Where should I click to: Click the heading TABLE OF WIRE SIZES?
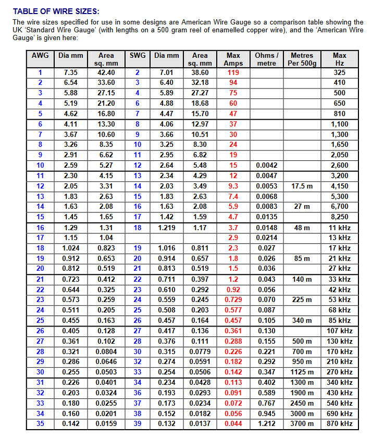click(x=56, y=11)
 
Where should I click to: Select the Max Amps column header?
click(x=233, y=59)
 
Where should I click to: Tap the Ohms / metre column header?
click(x=267, y=59)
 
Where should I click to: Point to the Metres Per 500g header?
click(x=302, y=59)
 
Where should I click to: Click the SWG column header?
click(x=138, y=55)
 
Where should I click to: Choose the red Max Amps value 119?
click(x=233, y=73)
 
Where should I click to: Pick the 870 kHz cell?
click(x=340, y=424)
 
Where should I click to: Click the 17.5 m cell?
click(x=302, y=186)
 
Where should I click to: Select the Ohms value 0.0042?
click(x=267, y=166)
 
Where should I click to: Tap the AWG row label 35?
click(x=40, y=424)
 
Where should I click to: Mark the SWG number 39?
click(x=138, y=424)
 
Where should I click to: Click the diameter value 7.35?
click(x=71, y=73)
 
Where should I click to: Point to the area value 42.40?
click(x=106, y=73)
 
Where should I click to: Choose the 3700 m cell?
click(x=302, y=424)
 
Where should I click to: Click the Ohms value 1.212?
click(x=267, y=424)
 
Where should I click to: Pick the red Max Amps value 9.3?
click(x=233, y=186)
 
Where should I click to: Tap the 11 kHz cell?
click(x=340, y=228)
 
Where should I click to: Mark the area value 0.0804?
click(x=106, y=352)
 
